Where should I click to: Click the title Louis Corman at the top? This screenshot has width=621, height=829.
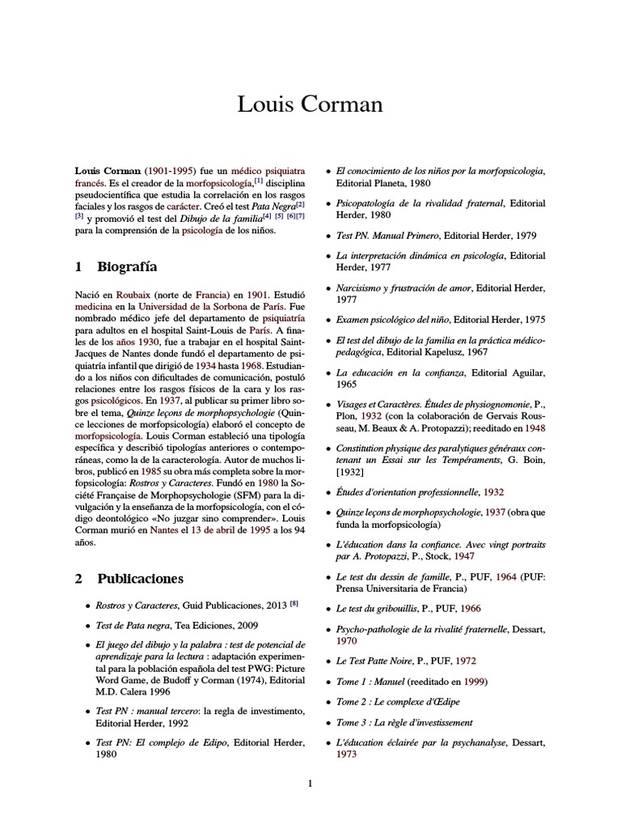click(310, 104)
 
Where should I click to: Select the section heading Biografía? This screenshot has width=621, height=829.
click(127, 266)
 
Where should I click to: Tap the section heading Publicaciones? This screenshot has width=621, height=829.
click(140, 579)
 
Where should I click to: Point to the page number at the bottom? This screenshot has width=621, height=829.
click(310, 782)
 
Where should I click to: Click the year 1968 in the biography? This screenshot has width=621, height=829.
click(228, 365)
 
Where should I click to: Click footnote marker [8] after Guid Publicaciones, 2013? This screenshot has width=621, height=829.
click(294, 604)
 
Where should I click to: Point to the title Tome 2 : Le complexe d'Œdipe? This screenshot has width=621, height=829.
click(393, 701)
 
